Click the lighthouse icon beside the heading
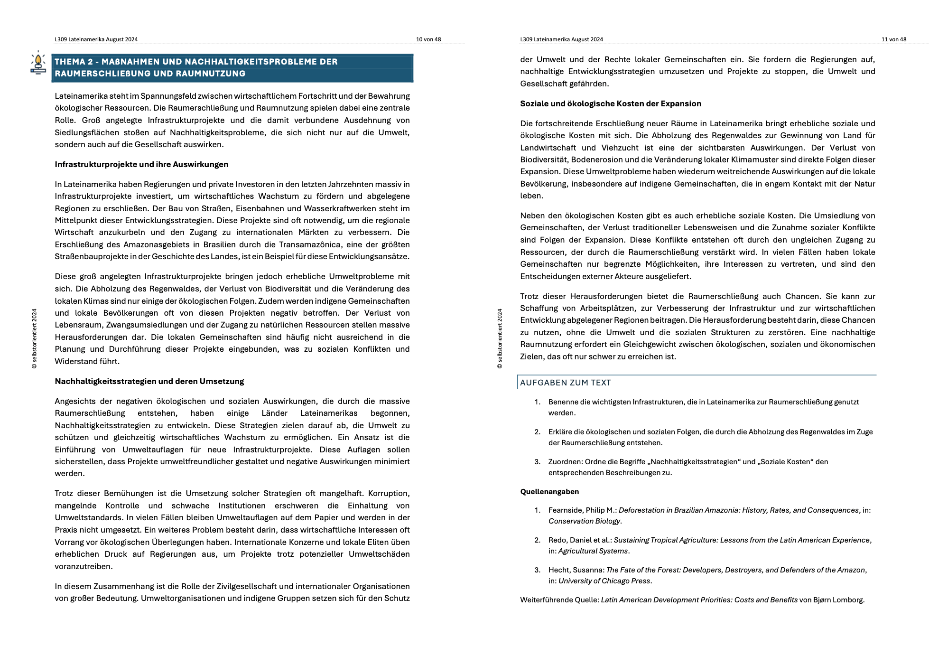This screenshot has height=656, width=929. click(x=38, y=63)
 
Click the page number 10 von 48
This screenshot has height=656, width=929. click(x=428, y=39)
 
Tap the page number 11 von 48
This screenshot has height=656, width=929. click(x=893, y=39)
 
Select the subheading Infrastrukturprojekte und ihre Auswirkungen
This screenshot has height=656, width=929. click(x=141, y=165)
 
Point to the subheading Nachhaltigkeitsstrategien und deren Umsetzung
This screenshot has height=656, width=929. click(x=149, y=382)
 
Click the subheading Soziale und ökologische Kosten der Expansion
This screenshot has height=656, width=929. click(x=610, y=104)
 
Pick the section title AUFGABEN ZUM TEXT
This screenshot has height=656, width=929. click(x=565, y=383)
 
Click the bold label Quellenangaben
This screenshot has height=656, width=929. click(x=549, y=492)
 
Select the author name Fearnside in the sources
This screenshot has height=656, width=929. click(x=565, y=510)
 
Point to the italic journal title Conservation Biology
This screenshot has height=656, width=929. click(x=585, y=521)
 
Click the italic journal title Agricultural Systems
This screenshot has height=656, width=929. click(x=593, y=551)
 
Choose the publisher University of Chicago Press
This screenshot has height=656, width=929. click(x=604, y=581)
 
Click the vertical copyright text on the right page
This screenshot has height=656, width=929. click(x=500, y=338)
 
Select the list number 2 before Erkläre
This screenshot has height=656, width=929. click(x=537, y=432)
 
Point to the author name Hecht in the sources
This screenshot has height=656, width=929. click(x=558, y=570)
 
